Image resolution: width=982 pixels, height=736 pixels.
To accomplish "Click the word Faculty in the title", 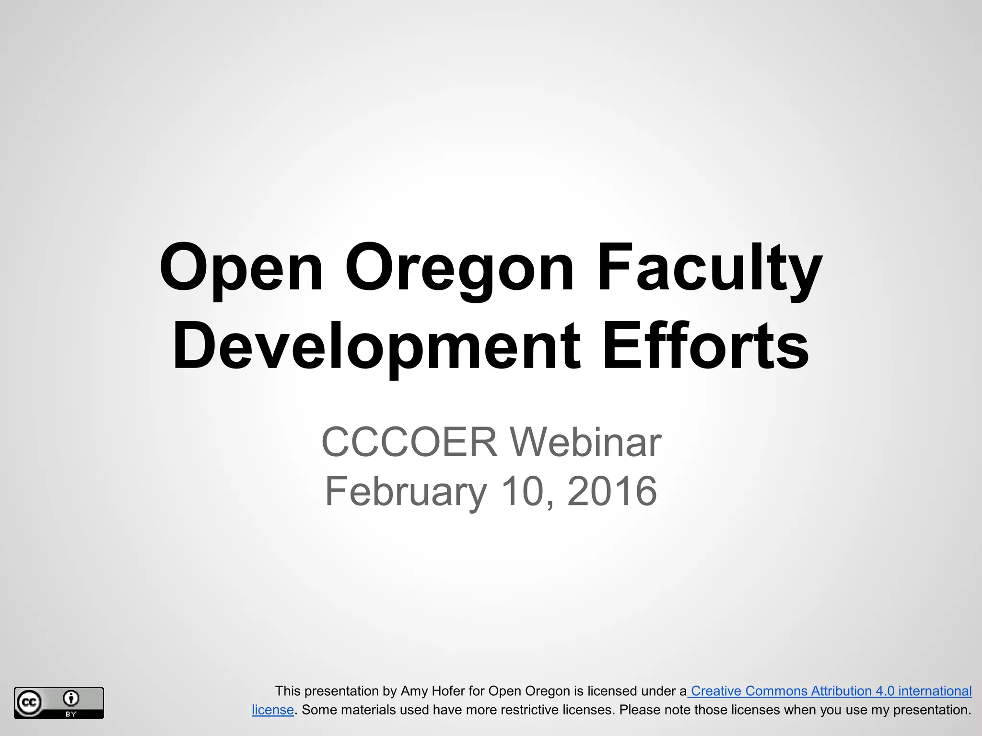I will (x=709, y=268).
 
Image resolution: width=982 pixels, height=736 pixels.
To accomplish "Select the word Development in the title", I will (x=376, y=346).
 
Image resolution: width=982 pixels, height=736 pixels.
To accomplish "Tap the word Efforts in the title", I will (x=705, y=345).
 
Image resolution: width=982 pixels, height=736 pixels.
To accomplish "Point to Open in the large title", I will (x=241, y=268).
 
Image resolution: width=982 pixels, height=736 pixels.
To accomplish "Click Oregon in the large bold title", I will (x=459, y=268).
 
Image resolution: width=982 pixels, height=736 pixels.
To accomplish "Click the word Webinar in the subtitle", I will (x=585, y=442).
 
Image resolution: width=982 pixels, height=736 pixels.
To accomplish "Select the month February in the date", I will (x=406, y=491).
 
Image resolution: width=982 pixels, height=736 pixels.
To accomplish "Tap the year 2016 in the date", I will (x=612, y=491).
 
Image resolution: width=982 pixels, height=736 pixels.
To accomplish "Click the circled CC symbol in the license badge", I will (x=29, y=703).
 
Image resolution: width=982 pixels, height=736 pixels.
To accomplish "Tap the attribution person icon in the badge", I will (x=71, y=699).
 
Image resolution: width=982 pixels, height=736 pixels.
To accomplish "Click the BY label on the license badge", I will (x=71, y=714).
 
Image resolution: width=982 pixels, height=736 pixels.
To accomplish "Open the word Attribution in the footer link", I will (x=841, y=691).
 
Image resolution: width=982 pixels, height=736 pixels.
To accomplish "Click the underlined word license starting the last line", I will (x=272, y=710).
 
